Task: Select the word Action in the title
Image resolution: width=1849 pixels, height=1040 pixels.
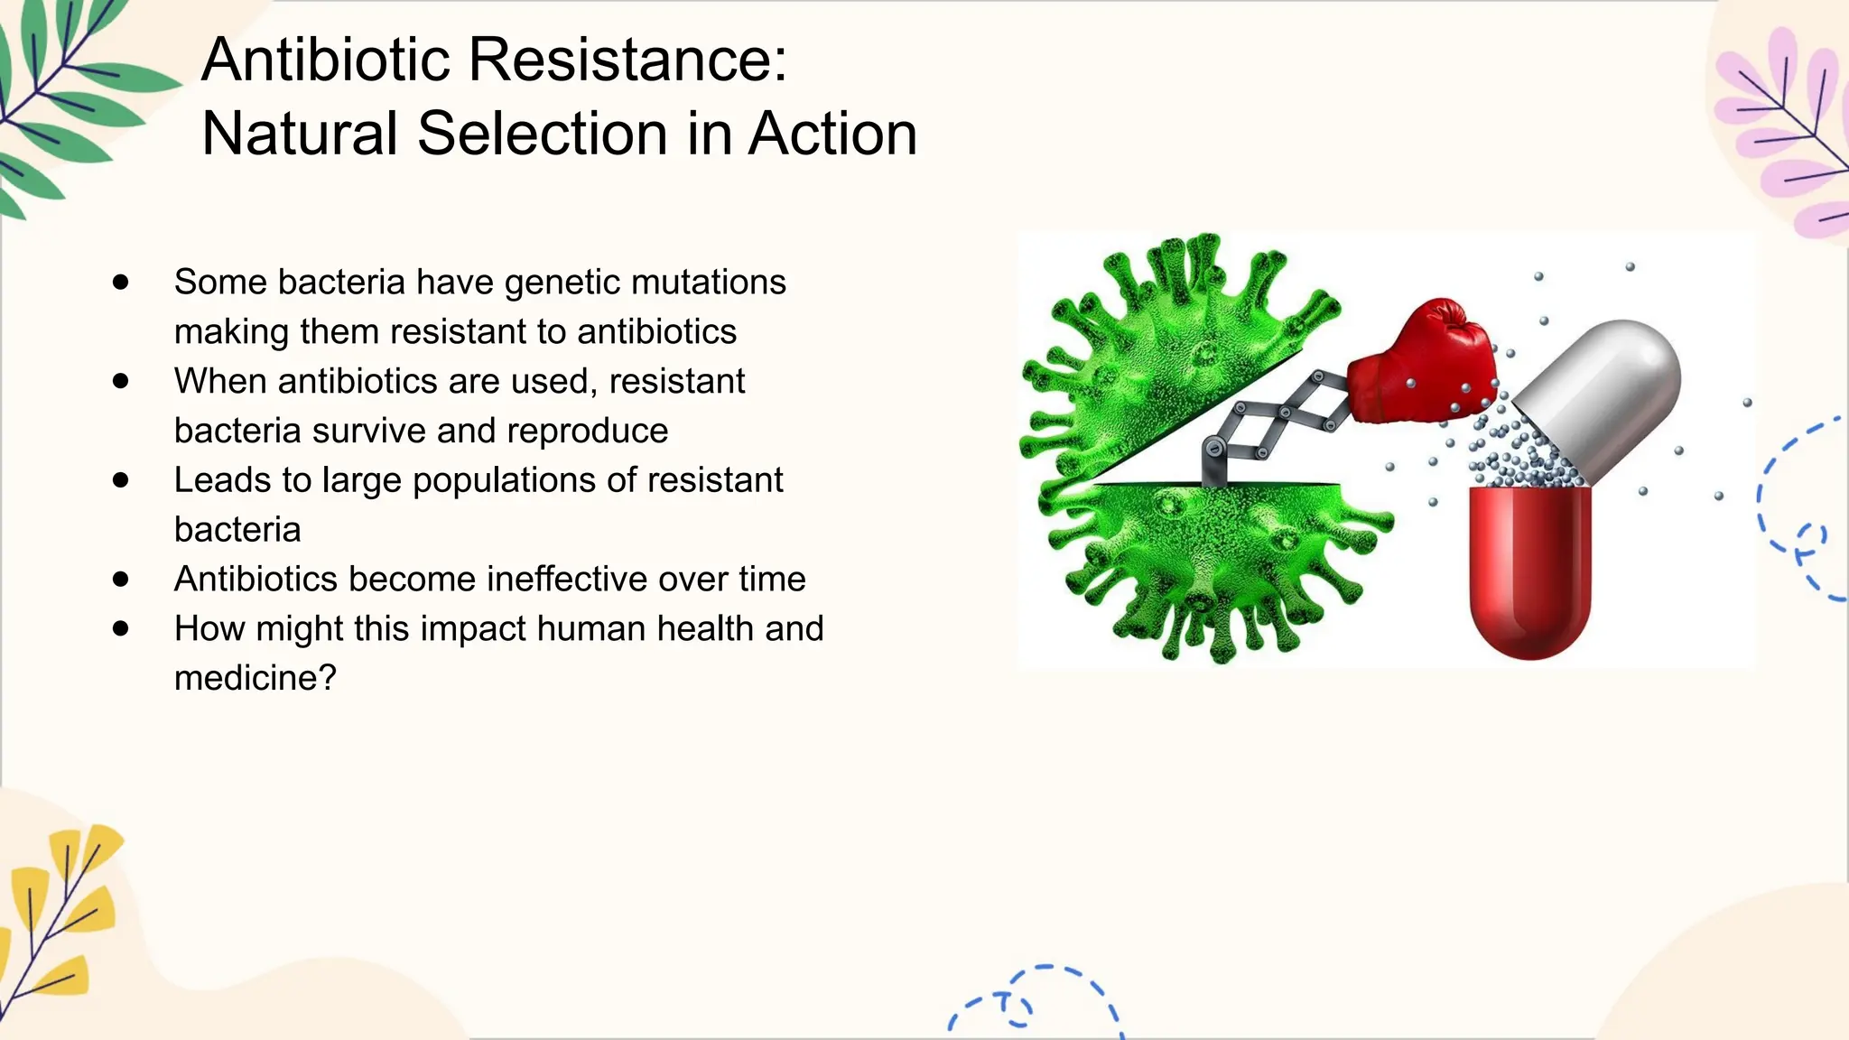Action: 832,134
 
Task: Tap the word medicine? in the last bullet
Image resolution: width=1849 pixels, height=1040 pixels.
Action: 255,678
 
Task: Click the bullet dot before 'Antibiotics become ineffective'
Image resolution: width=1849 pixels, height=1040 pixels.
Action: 121,579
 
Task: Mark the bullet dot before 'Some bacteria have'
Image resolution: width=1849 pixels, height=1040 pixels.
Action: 121,282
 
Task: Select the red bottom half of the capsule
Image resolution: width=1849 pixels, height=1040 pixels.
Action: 1529,569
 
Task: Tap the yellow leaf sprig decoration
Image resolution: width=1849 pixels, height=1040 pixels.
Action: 59,912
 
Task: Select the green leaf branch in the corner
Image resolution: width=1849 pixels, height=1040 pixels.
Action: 63,99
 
